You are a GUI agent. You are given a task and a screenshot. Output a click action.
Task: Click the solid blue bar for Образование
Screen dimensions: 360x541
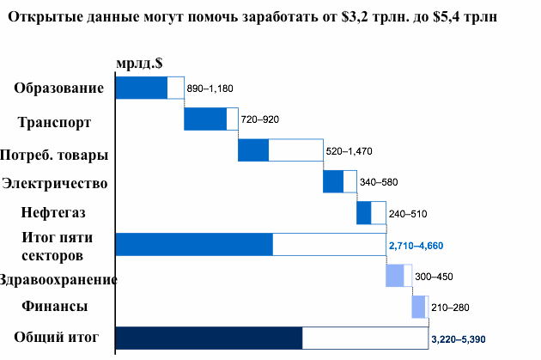point(141,88)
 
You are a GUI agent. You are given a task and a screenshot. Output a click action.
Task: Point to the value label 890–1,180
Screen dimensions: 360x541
point(210,88)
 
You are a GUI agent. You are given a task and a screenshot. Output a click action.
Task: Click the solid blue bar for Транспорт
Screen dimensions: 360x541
point(205,119)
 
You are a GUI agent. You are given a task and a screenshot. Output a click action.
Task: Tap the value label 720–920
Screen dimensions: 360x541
point(260,119)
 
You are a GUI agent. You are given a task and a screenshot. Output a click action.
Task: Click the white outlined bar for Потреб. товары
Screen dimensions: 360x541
point(295,150)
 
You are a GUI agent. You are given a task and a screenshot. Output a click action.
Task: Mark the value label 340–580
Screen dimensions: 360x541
point(379,182)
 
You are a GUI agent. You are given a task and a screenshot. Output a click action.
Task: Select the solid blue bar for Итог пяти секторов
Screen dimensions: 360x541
point(194,244)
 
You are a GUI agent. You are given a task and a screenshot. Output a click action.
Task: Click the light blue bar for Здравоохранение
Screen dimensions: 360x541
point(394,276)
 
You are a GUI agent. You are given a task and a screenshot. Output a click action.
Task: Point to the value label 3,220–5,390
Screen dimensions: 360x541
point(458,339)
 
